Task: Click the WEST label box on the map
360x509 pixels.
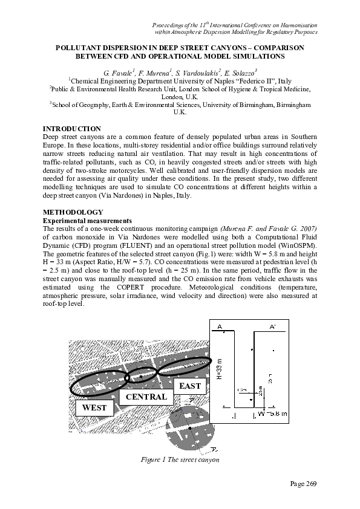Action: click(x=94, y=408)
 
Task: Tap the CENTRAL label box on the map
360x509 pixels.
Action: click(x=146, y=397)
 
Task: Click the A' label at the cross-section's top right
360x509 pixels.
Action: click(x=273, y=327)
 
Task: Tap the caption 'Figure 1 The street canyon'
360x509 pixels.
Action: click(x=180, y=459)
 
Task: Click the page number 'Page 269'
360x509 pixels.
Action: click(x=301, y=484)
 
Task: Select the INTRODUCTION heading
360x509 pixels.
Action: click(x=71, y=129)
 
